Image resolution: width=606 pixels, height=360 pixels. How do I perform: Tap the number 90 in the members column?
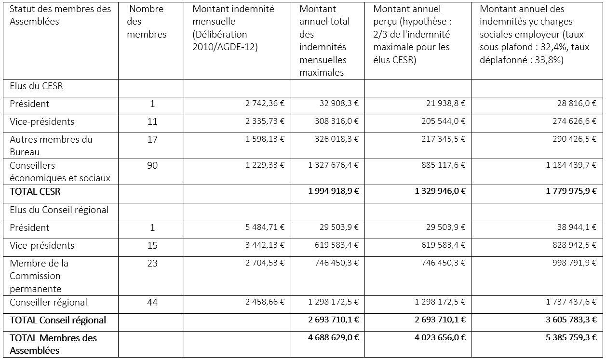[152, 165]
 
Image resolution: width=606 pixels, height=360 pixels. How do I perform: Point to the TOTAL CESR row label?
[35, 191]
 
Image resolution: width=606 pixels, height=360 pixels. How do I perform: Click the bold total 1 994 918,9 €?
[334, 191]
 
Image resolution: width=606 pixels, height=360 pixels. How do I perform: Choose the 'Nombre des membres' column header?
[147, 22]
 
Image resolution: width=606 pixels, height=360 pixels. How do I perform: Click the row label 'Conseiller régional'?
[48, 303]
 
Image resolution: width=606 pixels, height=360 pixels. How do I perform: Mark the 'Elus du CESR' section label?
[36, 86]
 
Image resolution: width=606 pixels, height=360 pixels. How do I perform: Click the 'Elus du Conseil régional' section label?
[59, 210]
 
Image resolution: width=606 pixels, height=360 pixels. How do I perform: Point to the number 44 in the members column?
[152, 303]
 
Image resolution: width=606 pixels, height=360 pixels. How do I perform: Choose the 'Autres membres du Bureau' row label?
[51, 146]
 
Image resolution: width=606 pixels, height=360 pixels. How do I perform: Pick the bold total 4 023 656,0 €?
[440, 338]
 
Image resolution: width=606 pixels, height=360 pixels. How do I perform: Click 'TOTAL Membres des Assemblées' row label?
[53, 344]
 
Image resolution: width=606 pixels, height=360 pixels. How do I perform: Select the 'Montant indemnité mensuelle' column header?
[233, 28]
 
